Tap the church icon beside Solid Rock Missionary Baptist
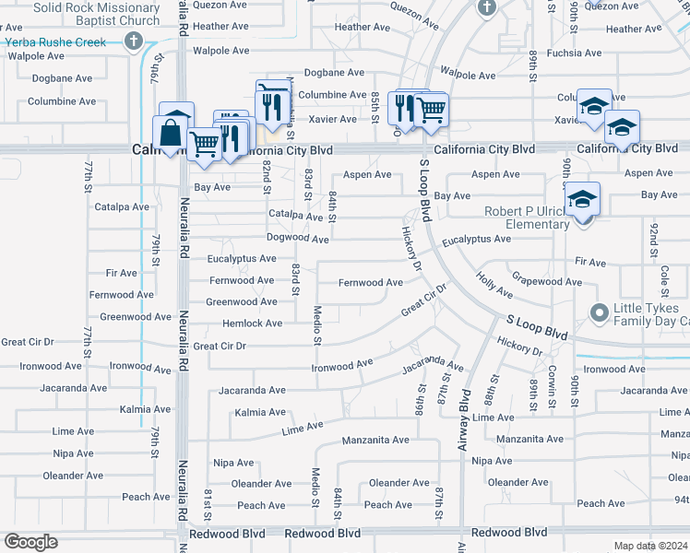coord(134,41)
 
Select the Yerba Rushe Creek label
coord(57,41)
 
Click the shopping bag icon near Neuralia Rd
coord(172,133)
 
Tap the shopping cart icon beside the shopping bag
coord(203,142)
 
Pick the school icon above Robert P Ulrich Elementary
coord(583,199)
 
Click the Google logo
coord(30,542)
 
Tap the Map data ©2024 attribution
coord(651,546)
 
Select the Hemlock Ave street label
coord(253,324)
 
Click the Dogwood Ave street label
coord(297,239)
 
